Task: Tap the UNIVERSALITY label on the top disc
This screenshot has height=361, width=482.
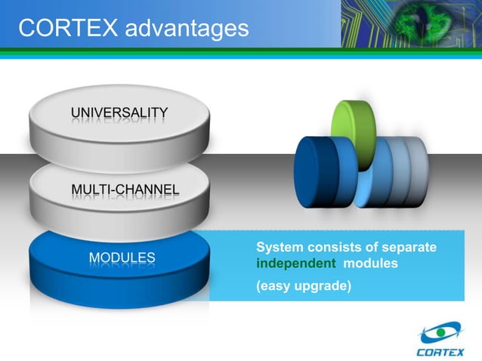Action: [x=119, y=114]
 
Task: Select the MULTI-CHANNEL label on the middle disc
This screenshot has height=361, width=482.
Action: [x=125, y=189]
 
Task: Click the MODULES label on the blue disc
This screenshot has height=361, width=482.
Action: [x=122, y=258]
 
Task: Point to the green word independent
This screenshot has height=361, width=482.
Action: [x=295, y=264]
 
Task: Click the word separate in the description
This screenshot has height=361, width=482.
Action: [x=411, y=248]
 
